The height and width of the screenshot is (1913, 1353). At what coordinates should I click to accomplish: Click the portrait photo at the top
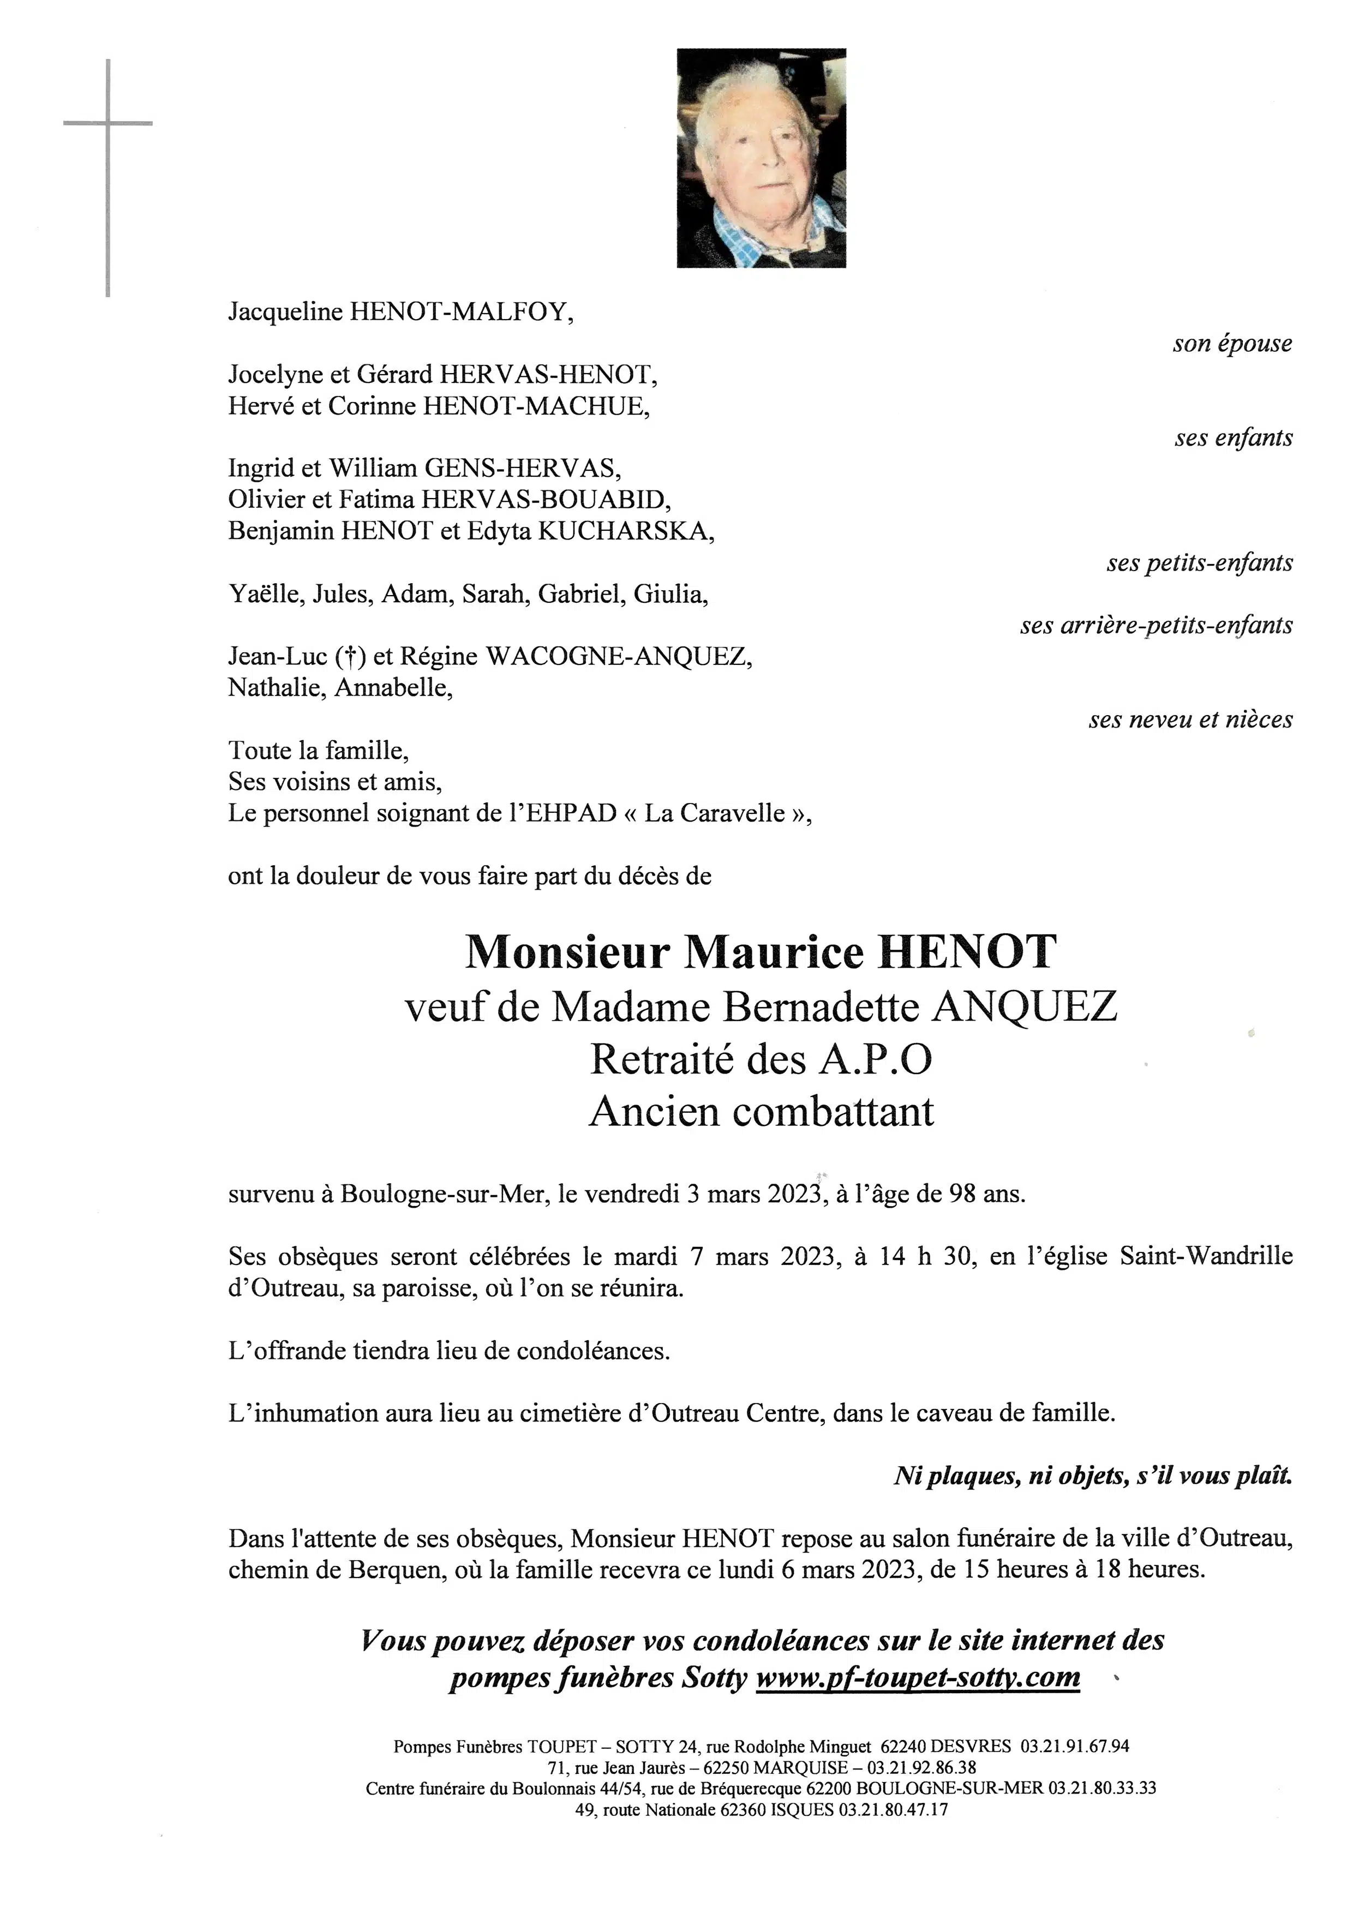tap(761, 158)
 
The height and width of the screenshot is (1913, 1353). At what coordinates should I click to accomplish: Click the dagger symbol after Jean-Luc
tap(351, 657)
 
